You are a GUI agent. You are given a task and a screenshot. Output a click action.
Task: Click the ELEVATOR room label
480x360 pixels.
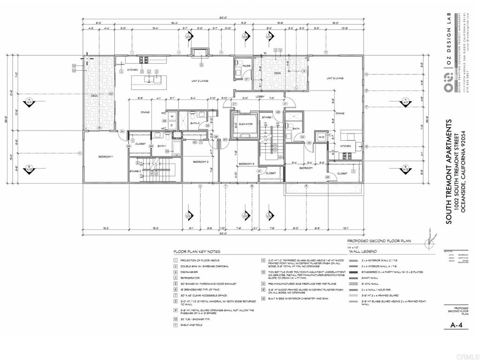(x=246, y=124)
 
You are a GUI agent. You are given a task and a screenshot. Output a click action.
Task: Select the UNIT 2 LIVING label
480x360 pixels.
(x=200, y=81)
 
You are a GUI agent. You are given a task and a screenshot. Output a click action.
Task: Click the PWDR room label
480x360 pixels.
(x=246, y=67)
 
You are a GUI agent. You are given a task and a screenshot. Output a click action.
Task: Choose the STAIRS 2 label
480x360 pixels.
(x=135, y=172)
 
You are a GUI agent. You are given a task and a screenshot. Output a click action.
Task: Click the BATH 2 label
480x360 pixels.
(x=195, y=124)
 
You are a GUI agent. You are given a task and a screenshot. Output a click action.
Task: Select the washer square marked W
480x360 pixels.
(x=172, y=116)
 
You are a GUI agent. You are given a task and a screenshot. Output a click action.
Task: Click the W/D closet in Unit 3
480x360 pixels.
(x=322, y=137)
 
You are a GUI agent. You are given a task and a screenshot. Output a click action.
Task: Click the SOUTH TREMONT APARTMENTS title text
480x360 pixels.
(x=449, y=172)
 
